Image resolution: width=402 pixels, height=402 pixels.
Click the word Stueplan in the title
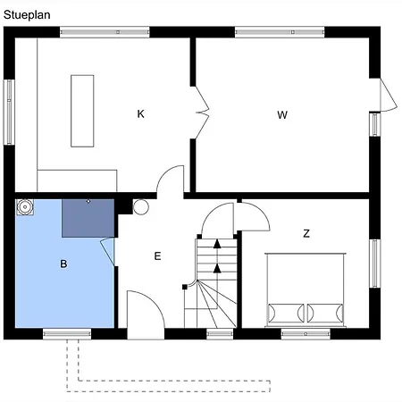[x=26, y=13]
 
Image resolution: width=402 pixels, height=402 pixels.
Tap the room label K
[x=140, y=113]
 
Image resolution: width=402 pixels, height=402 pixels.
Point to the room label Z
[x=306, y=233]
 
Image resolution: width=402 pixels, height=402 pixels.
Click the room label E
[x=157, y=256]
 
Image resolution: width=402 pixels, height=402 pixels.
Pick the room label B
[x=63, y=264]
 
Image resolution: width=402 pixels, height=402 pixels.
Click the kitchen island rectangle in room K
[x=82, y=111]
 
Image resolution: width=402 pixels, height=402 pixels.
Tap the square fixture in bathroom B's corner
[x=26, y=209]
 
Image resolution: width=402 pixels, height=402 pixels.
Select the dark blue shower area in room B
[x=88, y=218]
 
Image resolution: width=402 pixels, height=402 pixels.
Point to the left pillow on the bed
[x=285, y=313]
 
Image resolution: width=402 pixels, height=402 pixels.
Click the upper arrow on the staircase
[x=215, y=246]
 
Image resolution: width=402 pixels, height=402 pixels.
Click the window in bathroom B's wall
[x=67, y=334]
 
